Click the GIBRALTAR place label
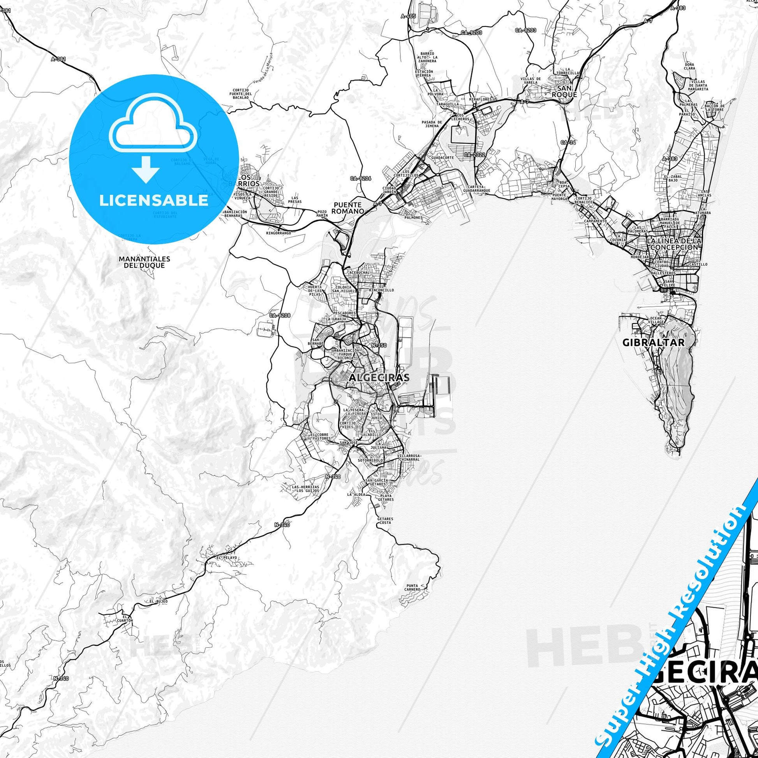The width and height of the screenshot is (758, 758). coord(653,342)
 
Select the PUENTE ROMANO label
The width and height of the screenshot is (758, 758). coord(347,208)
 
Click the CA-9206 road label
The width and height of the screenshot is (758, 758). coord(361,178)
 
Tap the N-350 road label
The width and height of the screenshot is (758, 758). coord(379,345)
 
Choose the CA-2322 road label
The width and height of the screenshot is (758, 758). coord(475,155)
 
